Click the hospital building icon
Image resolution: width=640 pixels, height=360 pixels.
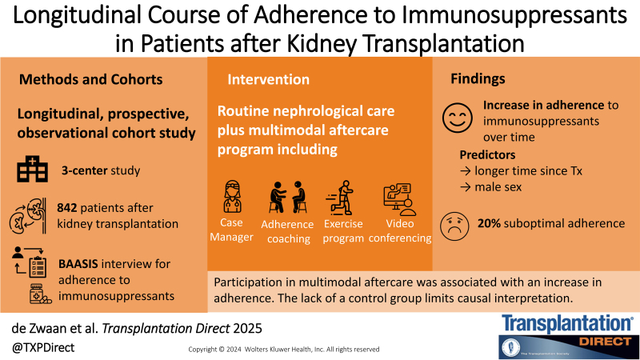pyautogui.click(x=31, y=169)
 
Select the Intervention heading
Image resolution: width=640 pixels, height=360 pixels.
pyautogui.click(x=268, y=79)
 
